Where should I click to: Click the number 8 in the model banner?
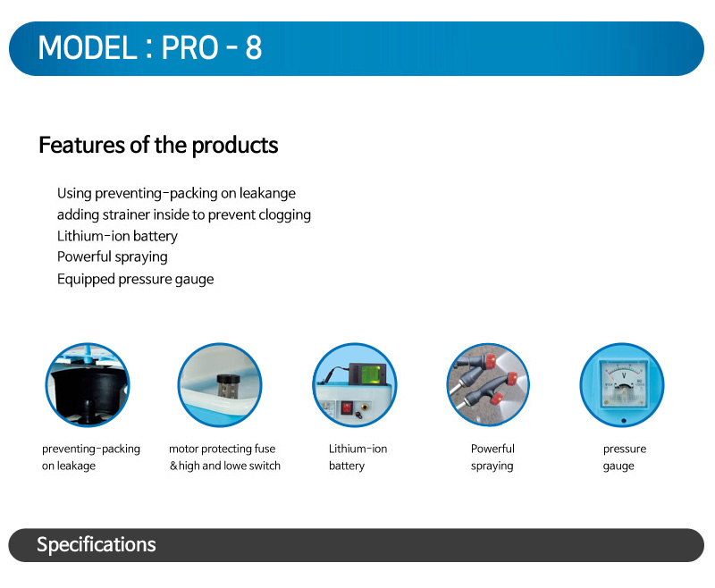254,47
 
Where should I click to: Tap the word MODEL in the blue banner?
88,47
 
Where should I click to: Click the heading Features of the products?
158,146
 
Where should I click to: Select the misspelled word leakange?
267,194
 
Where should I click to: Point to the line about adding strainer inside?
184,214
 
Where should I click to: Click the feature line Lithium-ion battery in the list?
117,236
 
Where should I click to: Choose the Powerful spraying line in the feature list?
113,257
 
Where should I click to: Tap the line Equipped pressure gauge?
136,279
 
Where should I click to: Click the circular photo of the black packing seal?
88,385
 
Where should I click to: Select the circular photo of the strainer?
220,385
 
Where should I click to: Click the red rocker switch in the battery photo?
347,407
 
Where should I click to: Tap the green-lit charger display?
371,374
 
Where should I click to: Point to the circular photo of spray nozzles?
488,385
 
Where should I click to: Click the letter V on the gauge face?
624,375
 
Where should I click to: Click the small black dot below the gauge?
623,421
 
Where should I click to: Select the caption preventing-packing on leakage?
91,458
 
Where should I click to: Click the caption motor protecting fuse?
222,449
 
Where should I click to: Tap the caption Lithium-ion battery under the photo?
358,458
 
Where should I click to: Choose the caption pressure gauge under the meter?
624,458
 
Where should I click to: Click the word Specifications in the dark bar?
97,545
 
